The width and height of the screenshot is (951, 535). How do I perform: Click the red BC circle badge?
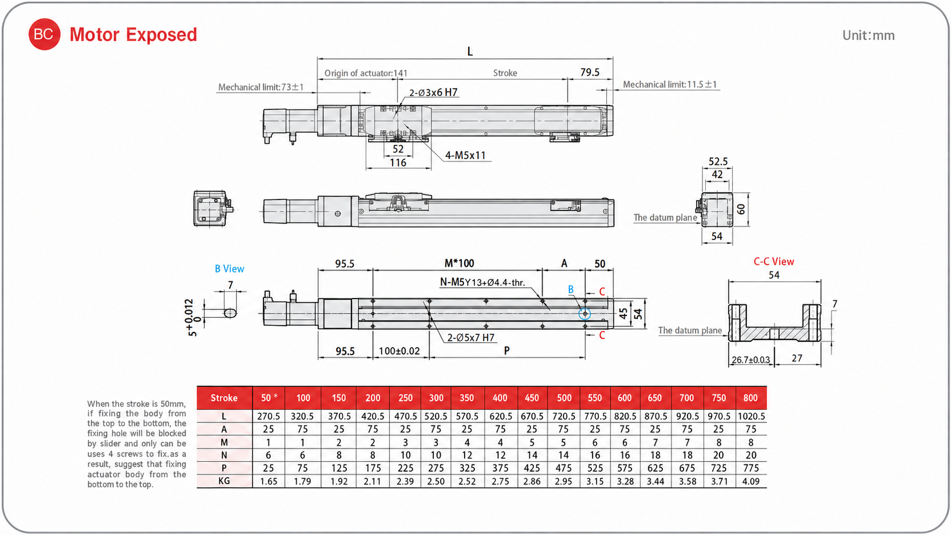click(x=44, y=34)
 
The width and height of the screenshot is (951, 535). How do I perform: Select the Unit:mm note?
click(x=868, y=35)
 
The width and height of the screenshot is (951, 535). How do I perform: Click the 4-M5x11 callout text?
click(x=465, y=155)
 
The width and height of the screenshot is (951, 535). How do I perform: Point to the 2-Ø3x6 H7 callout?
click(x=433, y=93)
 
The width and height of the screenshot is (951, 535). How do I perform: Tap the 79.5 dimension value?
click(x=590, y=72)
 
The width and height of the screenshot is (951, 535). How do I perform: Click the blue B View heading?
click(x=229, y=268)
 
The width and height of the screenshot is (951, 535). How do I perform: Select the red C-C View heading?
click(x=774, y=262)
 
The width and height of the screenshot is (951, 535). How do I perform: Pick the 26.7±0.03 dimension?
click(x=751, y=360)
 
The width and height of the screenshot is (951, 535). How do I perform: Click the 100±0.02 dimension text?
click(x=399, y=351)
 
